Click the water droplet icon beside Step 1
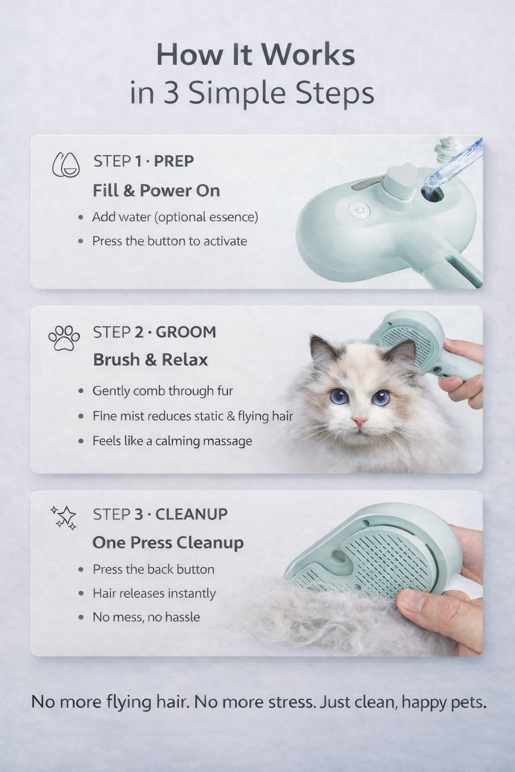(x=66, y=165)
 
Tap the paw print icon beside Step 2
(x=64, y=338)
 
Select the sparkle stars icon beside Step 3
(x=64, y=517)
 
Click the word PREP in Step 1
(x=174, y=161)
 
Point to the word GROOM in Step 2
(x=186, y=332)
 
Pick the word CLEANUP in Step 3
(x=191, y=514)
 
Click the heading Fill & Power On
(x=156, y=190)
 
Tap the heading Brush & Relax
(x=150, y=360)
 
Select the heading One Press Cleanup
(x=168, y=543)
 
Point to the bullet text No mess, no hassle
(x=146, y=617)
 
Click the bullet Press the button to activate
(x=169, y=241)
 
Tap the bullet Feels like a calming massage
(x=172, y=441)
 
